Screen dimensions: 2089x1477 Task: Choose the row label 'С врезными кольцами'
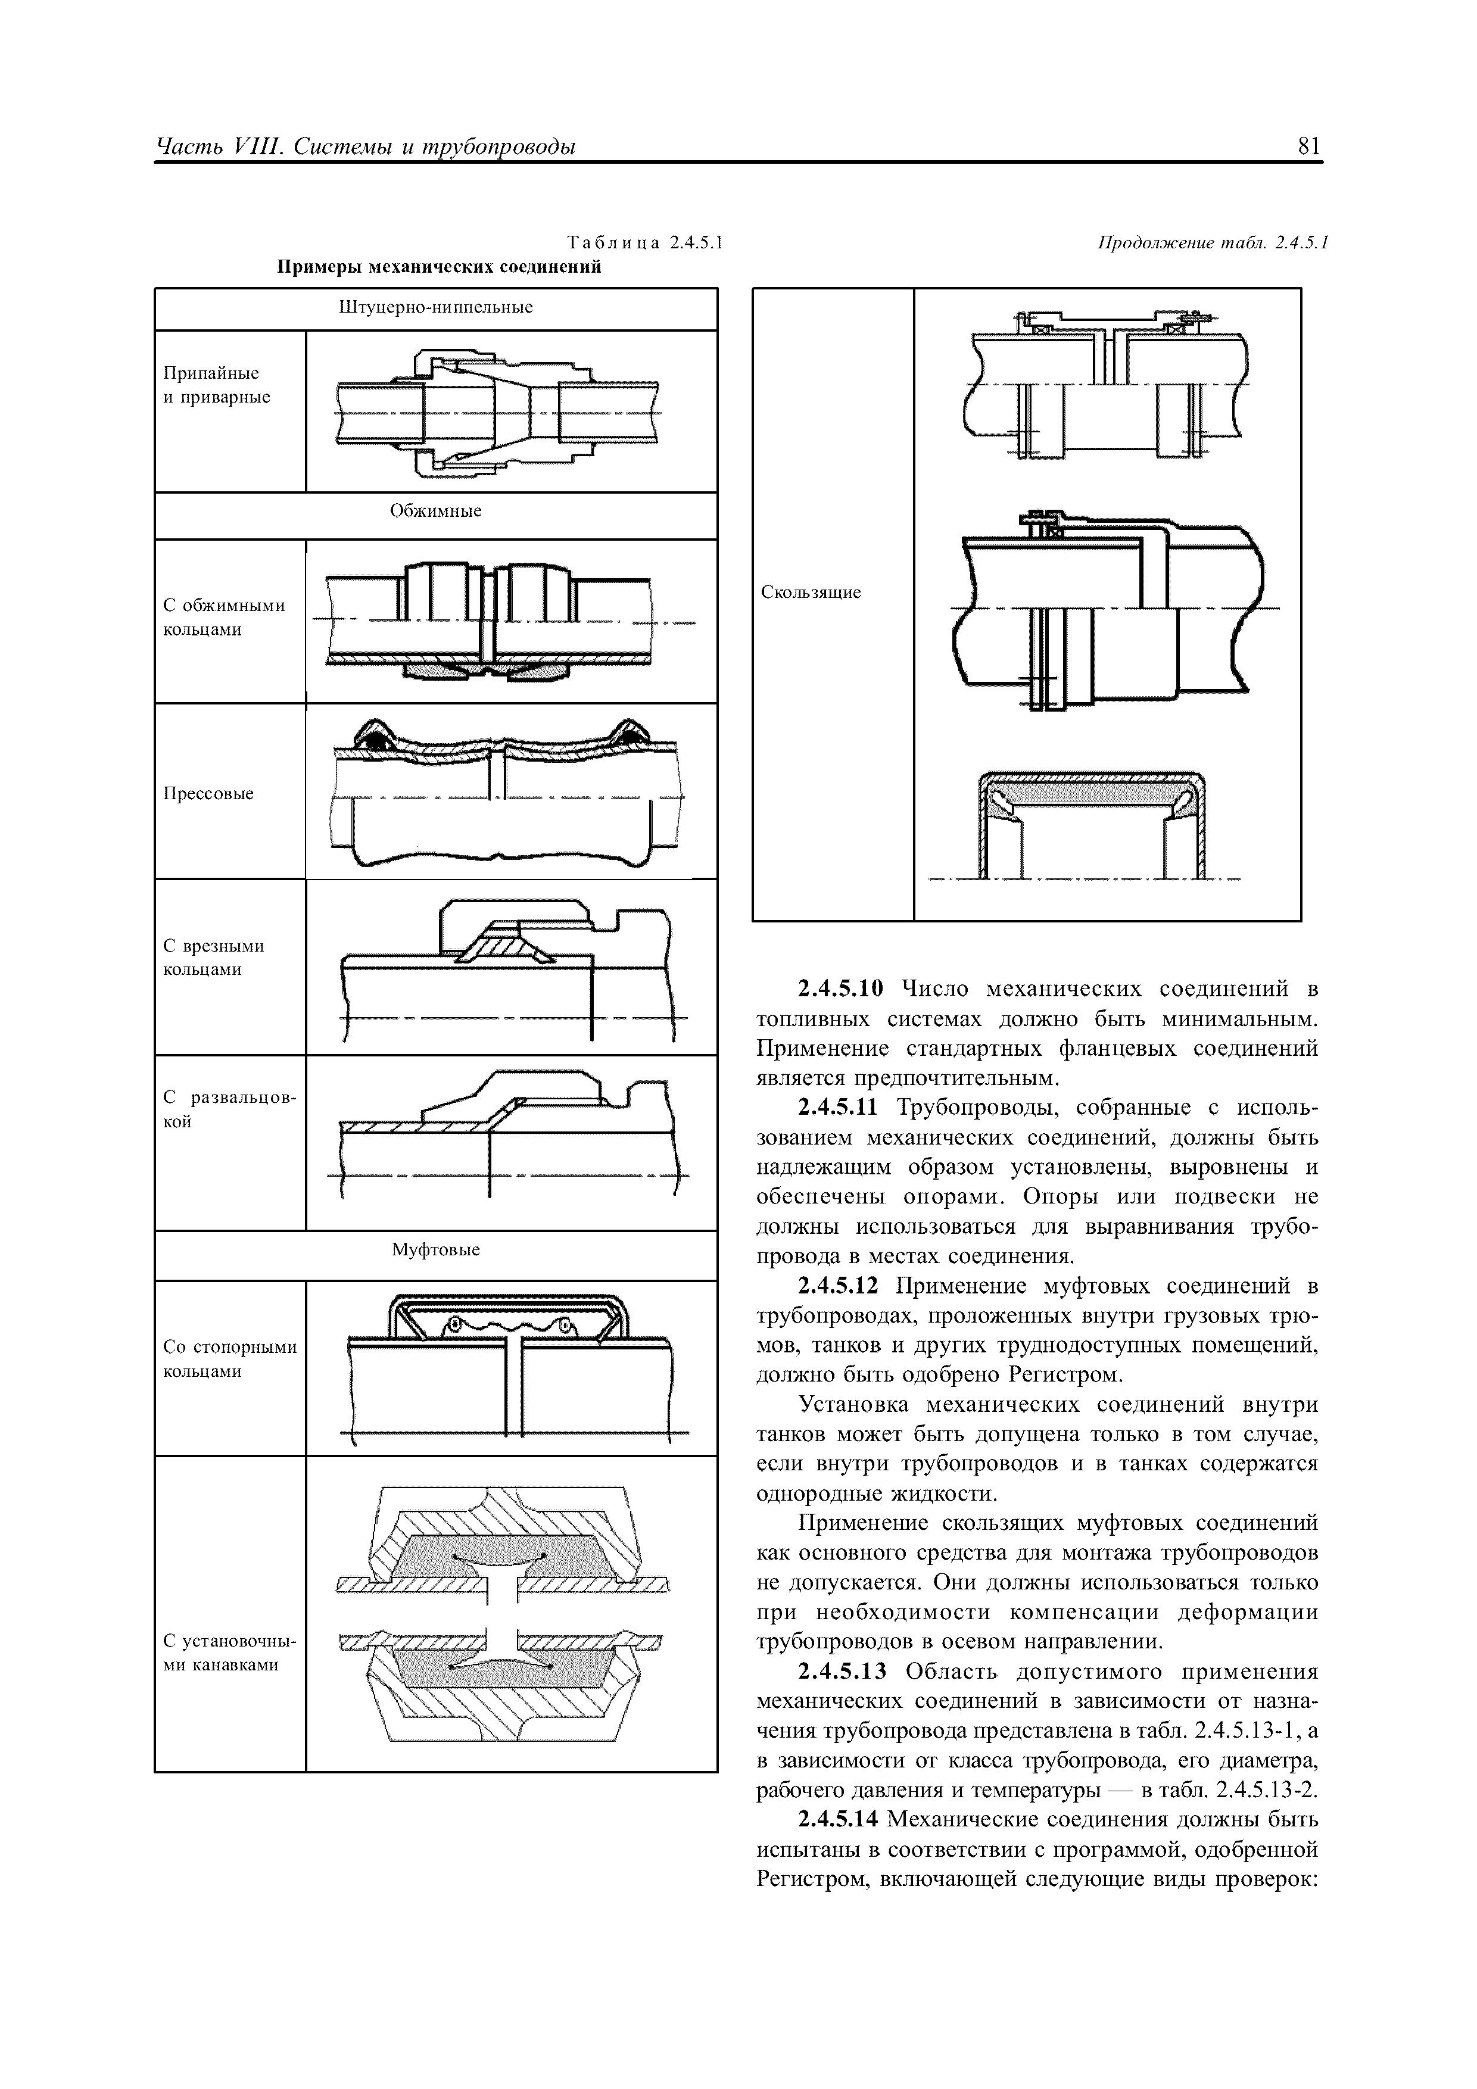click(214, 957)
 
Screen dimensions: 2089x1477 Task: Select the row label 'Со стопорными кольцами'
click(229, 1358)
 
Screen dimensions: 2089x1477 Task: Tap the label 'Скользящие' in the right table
click(810, 593)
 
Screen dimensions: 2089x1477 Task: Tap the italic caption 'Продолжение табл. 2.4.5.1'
click(1213, 243)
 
